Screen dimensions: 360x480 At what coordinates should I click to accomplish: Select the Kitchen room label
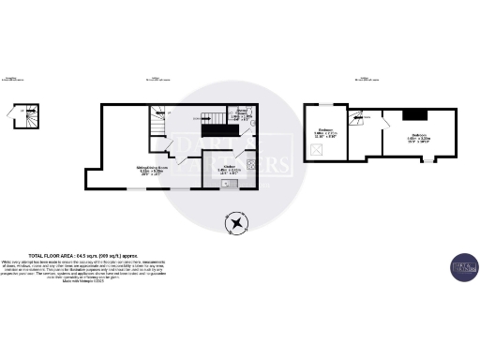point(230,171)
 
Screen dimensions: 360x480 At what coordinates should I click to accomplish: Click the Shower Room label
point(242,116)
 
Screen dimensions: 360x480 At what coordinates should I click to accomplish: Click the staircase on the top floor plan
point(358,117)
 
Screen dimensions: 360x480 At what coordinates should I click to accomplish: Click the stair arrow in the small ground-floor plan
point(30,117)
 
